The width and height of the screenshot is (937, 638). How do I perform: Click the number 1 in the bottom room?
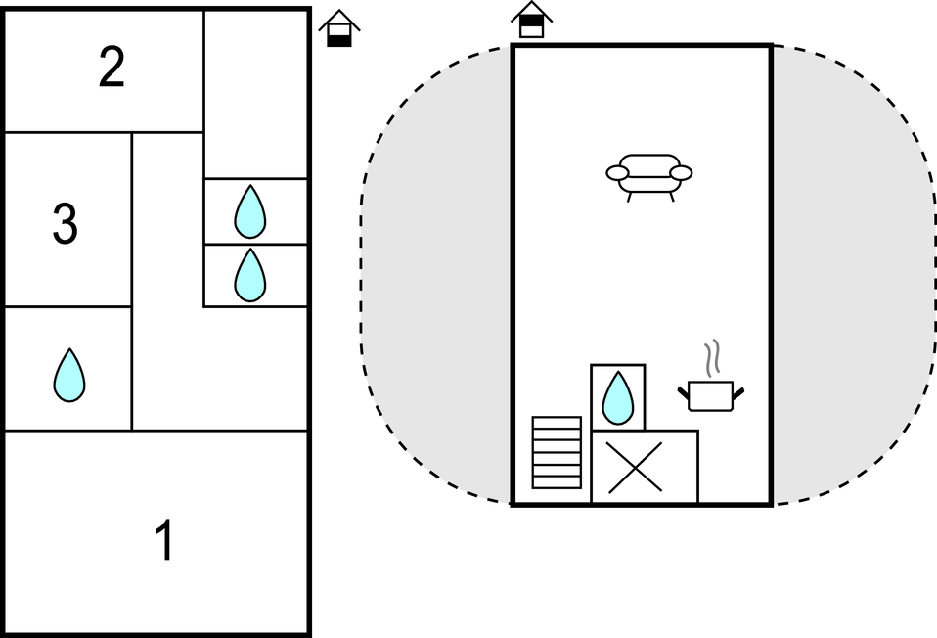point(165,540)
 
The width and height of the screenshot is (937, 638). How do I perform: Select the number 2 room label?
point(112,68)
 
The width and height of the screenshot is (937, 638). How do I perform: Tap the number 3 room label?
point(65,225)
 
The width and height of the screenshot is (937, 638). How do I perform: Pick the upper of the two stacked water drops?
point(250,211)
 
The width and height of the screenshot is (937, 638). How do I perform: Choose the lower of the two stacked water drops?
point(250,275)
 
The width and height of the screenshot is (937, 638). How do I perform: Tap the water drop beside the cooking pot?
point(617,397)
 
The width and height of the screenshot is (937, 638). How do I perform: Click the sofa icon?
point(649,176)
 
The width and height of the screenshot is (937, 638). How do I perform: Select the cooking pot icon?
point(711,395)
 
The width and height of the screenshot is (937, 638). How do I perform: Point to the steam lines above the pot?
point(713,358)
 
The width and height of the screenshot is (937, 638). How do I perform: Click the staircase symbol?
point(556,452)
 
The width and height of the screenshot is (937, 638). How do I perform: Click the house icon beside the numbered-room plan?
point(338,28)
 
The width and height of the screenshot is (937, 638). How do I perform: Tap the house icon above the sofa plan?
point(531,20)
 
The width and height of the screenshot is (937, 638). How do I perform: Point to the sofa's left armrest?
point(617,173)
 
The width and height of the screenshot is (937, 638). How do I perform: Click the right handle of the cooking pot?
point(738,392)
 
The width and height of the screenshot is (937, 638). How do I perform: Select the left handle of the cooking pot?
point(684,392)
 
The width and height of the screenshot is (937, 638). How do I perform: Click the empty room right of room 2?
point(256,94)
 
